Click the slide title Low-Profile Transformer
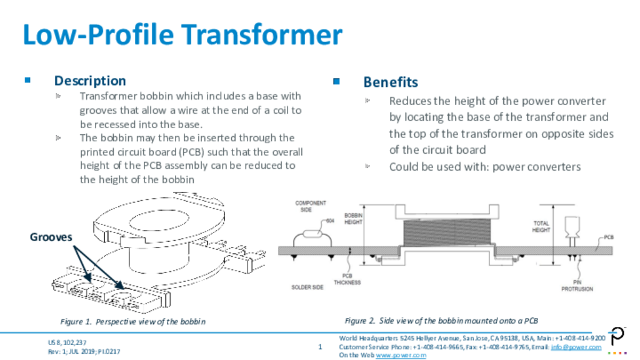pyautogui.click(x=182, y=34)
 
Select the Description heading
pyautogui.click(x=90, y=81)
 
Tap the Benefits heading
pyautogui.click(x=391, y=82)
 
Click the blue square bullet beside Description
pyautogui.click(x=27, y=80)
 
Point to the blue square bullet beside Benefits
pyautogui.click(x=336, y=82)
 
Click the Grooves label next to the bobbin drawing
pyautogui.click(x=51, y=237)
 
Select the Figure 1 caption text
pyautogui.click(x=132, y=321)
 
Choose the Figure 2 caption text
pyautogui.click(x=441, y=321)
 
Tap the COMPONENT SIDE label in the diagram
pyautogui.click(x=307, y=207)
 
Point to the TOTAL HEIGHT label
pyautogui.click(x=541, y=226)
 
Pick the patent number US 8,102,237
pyautogui.click(x=67, y=342)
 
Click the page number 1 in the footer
pyautogui.click(x=320, y=346)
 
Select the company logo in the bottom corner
pyautogui.click(x=618, y=339)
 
